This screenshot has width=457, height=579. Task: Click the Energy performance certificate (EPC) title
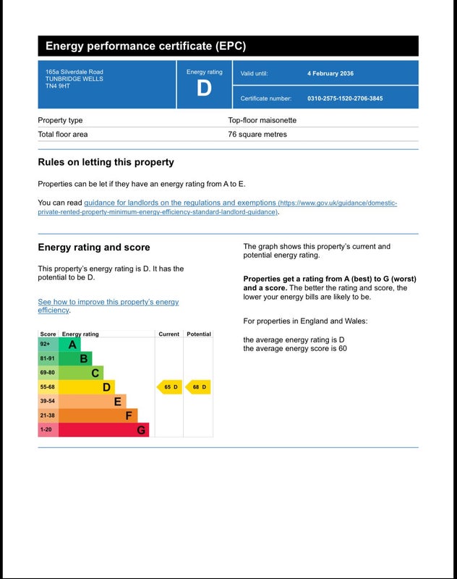click(x=145, y=46)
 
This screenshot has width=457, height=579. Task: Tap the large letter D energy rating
click(x=205, y=88)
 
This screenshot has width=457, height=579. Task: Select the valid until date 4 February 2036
click(x=330, y=73)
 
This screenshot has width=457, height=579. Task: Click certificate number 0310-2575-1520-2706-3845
click(x=345, y=98)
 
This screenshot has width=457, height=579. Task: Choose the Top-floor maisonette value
click(x=262, y=120)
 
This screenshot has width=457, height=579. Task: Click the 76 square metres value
click(x=257, y=135)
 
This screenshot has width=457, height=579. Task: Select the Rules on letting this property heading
click(x=106, y=162)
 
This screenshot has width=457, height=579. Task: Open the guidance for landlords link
click(x=179, y=203)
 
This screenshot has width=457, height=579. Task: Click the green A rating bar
click(x=69, y=345)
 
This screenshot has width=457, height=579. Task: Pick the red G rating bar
click(x=103, y=430)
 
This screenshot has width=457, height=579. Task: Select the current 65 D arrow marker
click(x=169, y=387)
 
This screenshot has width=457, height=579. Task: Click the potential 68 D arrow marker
click(x=198, y=387)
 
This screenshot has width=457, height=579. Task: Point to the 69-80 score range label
click(x=48, y=373)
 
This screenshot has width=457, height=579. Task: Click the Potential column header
click(x=199, y=334)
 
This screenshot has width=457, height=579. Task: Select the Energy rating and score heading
click(x=95, y=248)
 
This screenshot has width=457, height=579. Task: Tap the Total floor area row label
click(x=63, y=135)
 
